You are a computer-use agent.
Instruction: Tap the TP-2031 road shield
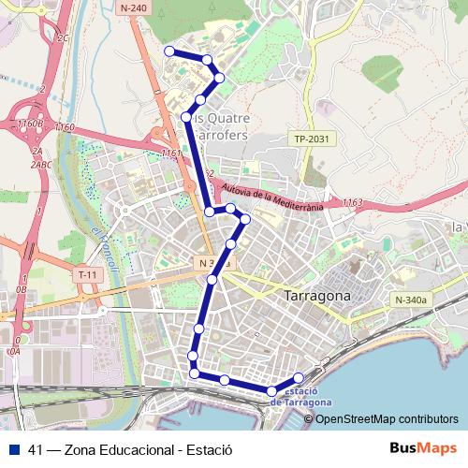coord(314,139)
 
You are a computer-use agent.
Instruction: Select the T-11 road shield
coord(87,274)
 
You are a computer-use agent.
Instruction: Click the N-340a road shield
coord(410,300)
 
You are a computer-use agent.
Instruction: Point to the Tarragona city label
coord(316,295)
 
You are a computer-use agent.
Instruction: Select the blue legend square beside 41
coord(14,449)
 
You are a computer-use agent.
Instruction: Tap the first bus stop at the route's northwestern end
coord(169,51)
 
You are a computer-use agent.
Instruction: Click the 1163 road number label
coord(352,202)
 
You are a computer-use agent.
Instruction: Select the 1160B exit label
coord(29,123)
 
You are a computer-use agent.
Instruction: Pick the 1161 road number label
coord(170,152)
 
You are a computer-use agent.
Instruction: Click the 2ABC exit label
coord(40,165)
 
